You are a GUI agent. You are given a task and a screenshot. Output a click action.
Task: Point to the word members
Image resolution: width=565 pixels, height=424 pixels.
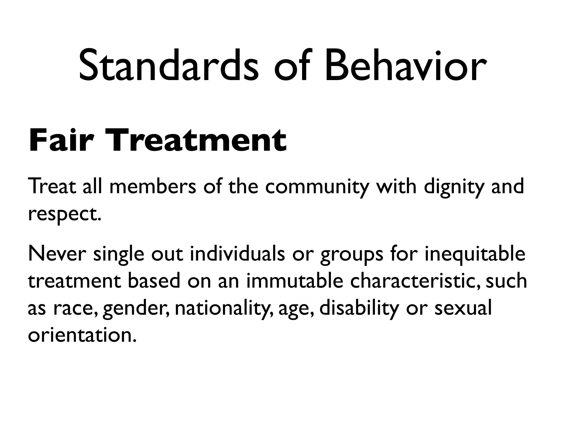(153, 187)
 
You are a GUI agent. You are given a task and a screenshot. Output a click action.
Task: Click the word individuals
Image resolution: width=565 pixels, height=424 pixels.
(237, 254)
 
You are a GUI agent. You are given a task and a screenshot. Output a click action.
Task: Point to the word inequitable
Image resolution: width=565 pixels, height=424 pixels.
(475, 254)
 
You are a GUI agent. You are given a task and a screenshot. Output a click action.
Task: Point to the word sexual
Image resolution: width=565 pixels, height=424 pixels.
(463, 308)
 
